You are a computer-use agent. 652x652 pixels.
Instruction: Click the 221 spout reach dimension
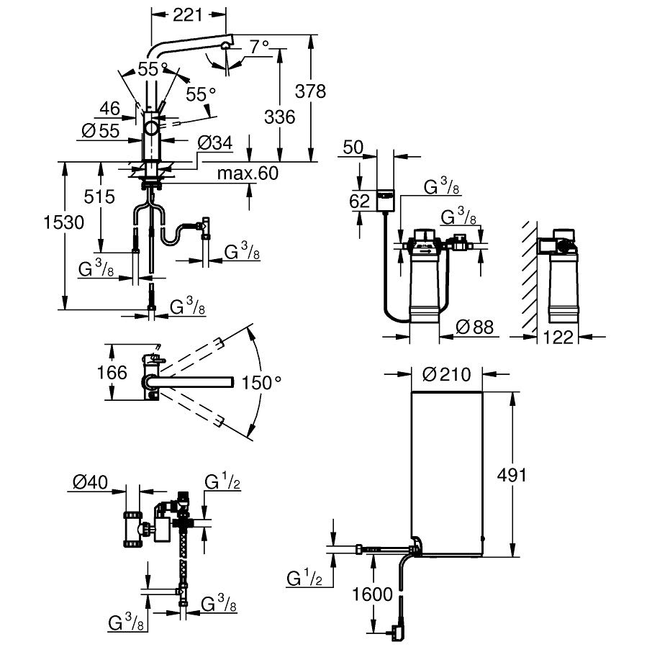pyautogui.click(x=188, y=15)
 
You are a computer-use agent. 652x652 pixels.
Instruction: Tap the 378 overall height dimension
pyautogui.click(x=310, y=91)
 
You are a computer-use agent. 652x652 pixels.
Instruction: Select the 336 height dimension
pyautogui.click(x=279, y=117)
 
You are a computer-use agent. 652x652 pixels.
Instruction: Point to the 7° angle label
pyautogui.click(x=260, y=47)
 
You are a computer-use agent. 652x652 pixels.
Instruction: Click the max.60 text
pyautogui.click(x=248, y=173)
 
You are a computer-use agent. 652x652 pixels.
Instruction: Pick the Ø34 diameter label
pyautogui.click(x=215, y=143)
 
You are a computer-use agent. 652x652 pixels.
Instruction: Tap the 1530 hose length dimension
pyautogui.click(x=64, y=222)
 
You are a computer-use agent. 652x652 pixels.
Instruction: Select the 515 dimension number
pyautogui.click(x=99, y=196)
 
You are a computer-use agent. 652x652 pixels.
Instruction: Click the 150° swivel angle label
pyautogui.click(x=261, y=383)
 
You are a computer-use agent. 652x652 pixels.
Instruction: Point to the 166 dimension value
pyautogui.click(x=112, y=372)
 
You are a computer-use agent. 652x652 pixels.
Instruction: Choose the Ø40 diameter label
pyautogui.click(x=90, y=482)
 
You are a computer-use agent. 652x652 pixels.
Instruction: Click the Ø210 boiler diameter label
pyautogui.click(x=447, y=375)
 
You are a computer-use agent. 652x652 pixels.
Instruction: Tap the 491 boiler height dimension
pyautogui.click(x=512, y=475)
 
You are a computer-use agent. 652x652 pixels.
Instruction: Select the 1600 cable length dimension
pyautogui.click(x=373, y=594)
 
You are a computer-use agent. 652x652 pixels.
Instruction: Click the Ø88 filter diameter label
pyautogui.click(x=475, y=327)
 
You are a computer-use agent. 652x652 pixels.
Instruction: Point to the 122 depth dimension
pyautogui.click(x=558, y=337)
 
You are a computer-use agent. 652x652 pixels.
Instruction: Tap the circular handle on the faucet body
pyautogui.click(x=151, y=127)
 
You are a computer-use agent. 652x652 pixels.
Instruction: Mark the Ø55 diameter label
pyautogui.click(x=101, y=131)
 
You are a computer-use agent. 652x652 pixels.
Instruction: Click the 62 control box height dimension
pyautogui.click(x=359, y=202)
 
